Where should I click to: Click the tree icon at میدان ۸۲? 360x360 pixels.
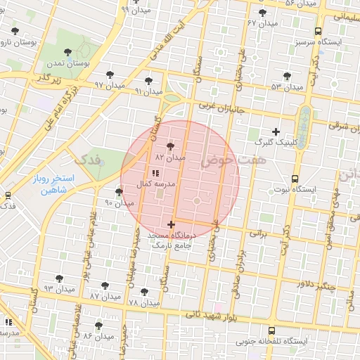(171, 146)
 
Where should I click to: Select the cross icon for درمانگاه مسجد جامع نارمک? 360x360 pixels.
(171, 224)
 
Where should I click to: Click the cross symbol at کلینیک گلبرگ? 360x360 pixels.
(276, 131)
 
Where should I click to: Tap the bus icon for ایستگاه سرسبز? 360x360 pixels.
(319, 31)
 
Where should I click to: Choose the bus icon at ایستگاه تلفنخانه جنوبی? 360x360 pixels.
(271, 330)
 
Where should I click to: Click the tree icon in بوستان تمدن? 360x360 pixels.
(67, 52)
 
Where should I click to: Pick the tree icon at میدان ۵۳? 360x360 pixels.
(286, 76)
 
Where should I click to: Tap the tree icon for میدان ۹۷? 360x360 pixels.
(110, 75)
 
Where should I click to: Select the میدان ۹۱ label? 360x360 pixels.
(149, 91)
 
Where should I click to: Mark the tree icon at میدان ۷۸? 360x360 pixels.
(144, 291)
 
